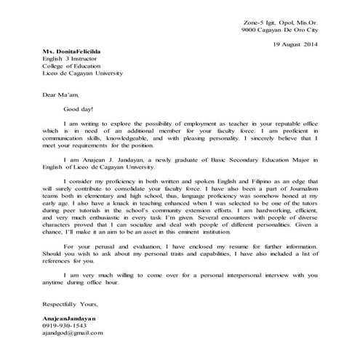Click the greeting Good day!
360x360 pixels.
point(79,108)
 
